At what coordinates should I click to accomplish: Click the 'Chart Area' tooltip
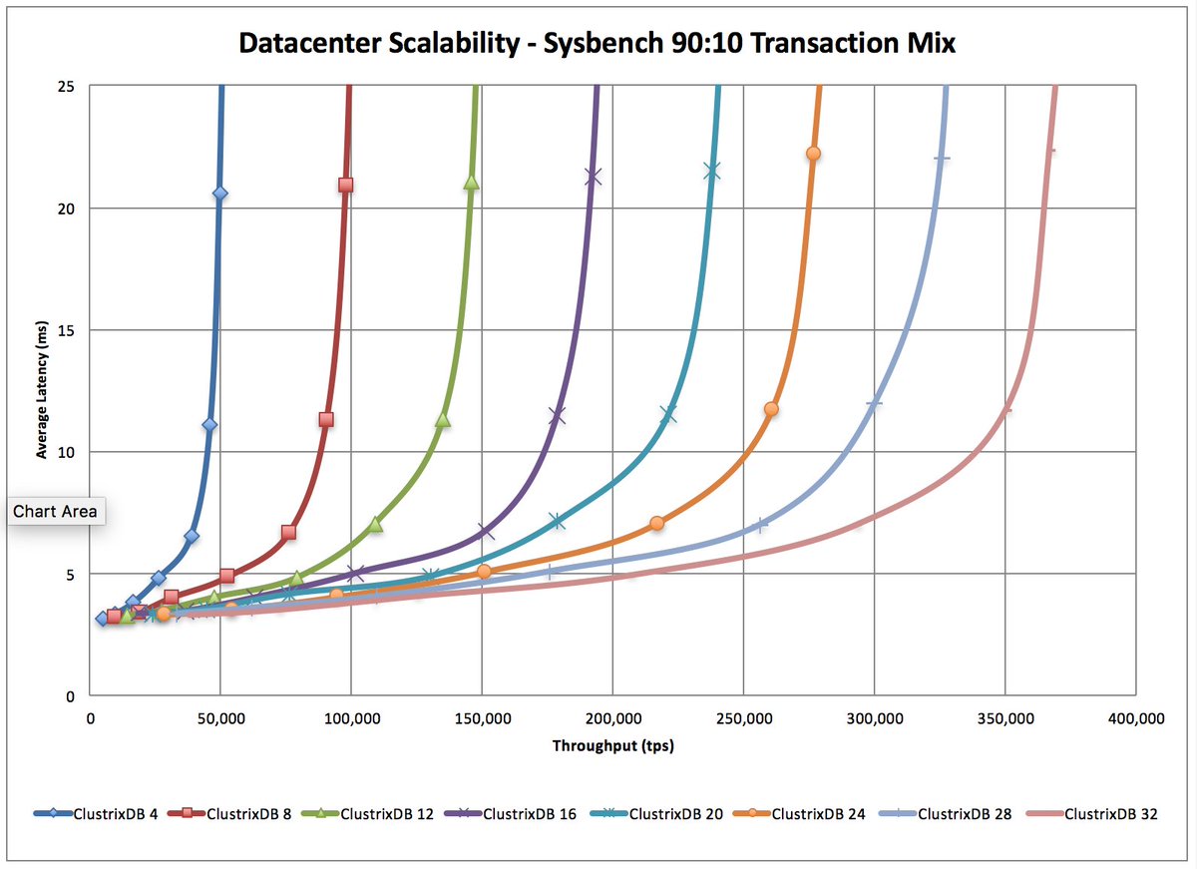tap(55, 512)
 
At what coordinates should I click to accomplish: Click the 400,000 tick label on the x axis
tap(1135, 717)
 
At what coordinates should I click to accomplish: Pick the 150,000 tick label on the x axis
tap(482, 717)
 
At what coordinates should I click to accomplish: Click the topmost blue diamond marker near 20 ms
tap(219, 194)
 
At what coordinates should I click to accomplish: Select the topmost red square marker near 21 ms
tap(345, 185)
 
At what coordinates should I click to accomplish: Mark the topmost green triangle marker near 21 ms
tap(471, 183)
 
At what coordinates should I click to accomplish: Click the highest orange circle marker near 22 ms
tap(813, 154)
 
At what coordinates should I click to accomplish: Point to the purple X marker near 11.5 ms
tap(557, 415)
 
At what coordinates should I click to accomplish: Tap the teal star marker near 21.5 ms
tap(711, 172)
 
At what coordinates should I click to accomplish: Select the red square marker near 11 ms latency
tap(325, 419)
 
